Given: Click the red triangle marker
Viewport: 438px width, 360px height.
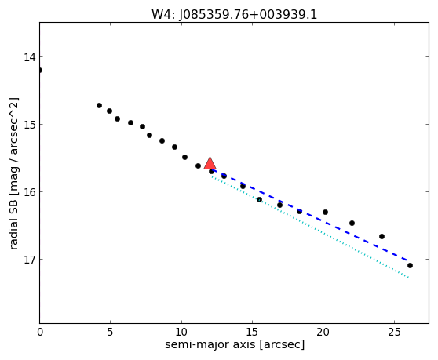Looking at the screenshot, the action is (x=210, y=164).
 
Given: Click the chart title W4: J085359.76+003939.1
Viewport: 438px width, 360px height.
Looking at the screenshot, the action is (x=235, y=15).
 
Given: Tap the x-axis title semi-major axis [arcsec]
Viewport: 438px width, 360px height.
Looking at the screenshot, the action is (x=235, y=344).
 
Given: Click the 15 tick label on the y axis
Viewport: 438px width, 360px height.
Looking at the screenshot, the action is (x=30, y=125).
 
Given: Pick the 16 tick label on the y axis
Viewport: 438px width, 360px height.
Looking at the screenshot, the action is (x=30, y=192).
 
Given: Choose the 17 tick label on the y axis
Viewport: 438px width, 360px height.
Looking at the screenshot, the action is (x=30, y=260).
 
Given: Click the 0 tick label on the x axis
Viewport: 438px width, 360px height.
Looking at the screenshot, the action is (x=40, y=332).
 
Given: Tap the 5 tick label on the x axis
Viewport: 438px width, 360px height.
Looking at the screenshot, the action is (x=111, y=332).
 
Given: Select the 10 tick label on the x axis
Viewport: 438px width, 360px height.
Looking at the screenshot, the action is (x=181, y=332).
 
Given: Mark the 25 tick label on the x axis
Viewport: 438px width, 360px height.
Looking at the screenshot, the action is (x=394, y=332).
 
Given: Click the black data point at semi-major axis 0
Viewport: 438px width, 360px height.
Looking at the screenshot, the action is (x=40, y=70).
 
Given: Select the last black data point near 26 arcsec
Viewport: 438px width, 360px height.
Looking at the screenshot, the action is (x=410, y=265).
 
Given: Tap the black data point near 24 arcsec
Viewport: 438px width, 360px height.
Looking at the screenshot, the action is (x=381, y=236).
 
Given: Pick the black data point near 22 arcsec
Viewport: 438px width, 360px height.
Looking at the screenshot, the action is (x=352, y=223).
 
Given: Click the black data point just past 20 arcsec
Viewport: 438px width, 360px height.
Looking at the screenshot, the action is (x=325, y=212).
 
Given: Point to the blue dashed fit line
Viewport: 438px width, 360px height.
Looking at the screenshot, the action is (x=310, y=215).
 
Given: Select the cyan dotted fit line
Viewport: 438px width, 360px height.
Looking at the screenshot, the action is (x=310, y=227).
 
